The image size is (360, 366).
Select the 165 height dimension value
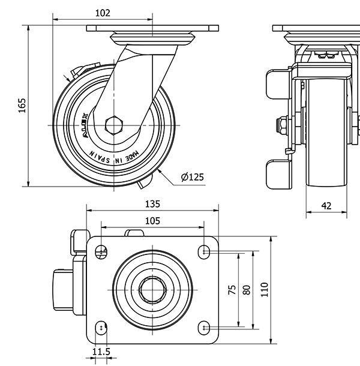(x=22, y=105)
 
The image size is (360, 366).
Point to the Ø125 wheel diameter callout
(x=192, y=176)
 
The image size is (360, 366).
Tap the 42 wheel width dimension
(x=326, y=205)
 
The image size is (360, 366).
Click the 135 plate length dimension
(x=152, y=204)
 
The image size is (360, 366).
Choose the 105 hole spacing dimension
(x=152, y=221)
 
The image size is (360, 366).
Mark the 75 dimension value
(x=232, y=290)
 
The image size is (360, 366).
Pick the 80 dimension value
(x=245, y=290)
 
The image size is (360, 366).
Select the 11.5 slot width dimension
(x=101, y=351)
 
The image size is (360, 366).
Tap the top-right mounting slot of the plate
(x=205, y=251)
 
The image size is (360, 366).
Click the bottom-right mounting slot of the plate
(x=205, y=328)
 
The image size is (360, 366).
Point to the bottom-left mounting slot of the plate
(x=104, y=328)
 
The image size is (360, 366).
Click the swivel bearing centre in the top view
(x=153, y=290)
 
